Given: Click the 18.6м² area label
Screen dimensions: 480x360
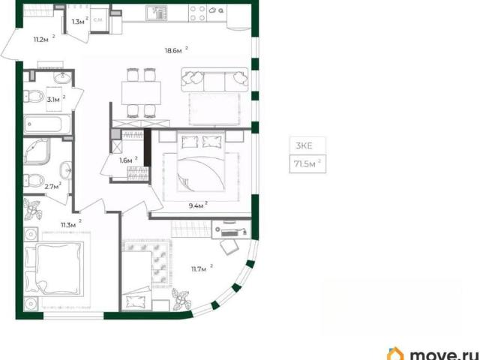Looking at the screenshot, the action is [176, 50].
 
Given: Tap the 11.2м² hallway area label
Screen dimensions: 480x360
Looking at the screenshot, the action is [44, 38].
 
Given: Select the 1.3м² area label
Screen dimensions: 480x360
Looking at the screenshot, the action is [80, 21].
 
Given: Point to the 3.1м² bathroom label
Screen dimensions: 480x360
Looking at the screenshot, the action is [56, 99].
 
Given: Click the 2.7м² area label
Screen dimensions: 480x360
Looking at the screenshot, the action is [53, 186].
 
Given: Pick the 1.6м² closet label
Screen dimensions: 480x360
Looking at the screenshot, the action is [128, 160].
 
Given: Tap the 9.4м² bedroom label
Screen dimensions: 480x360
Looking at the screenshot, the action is [198, 205].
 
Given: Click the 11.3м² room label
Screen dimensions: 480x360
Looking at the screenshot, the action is [71, 225].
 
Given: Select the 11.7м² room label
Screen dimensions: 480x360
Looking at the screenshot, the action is [202, 268].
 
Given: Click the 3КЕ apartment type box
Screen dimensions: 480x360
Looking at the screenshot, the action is [307, 145].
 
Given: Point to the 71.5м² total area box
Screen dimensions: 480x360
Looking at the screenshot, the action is [307, 164].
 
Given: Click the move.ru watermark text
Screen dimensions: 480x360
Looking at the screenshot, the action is [444, 355].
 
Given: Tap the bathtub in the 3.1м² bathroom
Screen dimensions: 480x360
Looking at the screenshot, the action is [47, 124].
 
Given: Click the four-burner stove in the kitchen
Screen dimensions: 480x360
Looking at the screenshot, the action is [198, 13].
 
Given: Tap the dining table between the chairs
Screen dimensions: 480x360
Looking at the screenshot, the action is [141, 93].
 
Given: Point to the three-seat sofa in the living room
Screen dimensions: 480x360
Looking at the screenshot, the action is [214, 79].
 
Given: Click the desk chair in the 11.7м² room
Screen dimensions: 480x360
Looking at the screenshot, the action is [229, 247].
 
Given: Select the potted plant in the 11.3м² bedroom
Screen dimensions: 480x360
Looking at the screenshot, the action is [33, 209].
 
